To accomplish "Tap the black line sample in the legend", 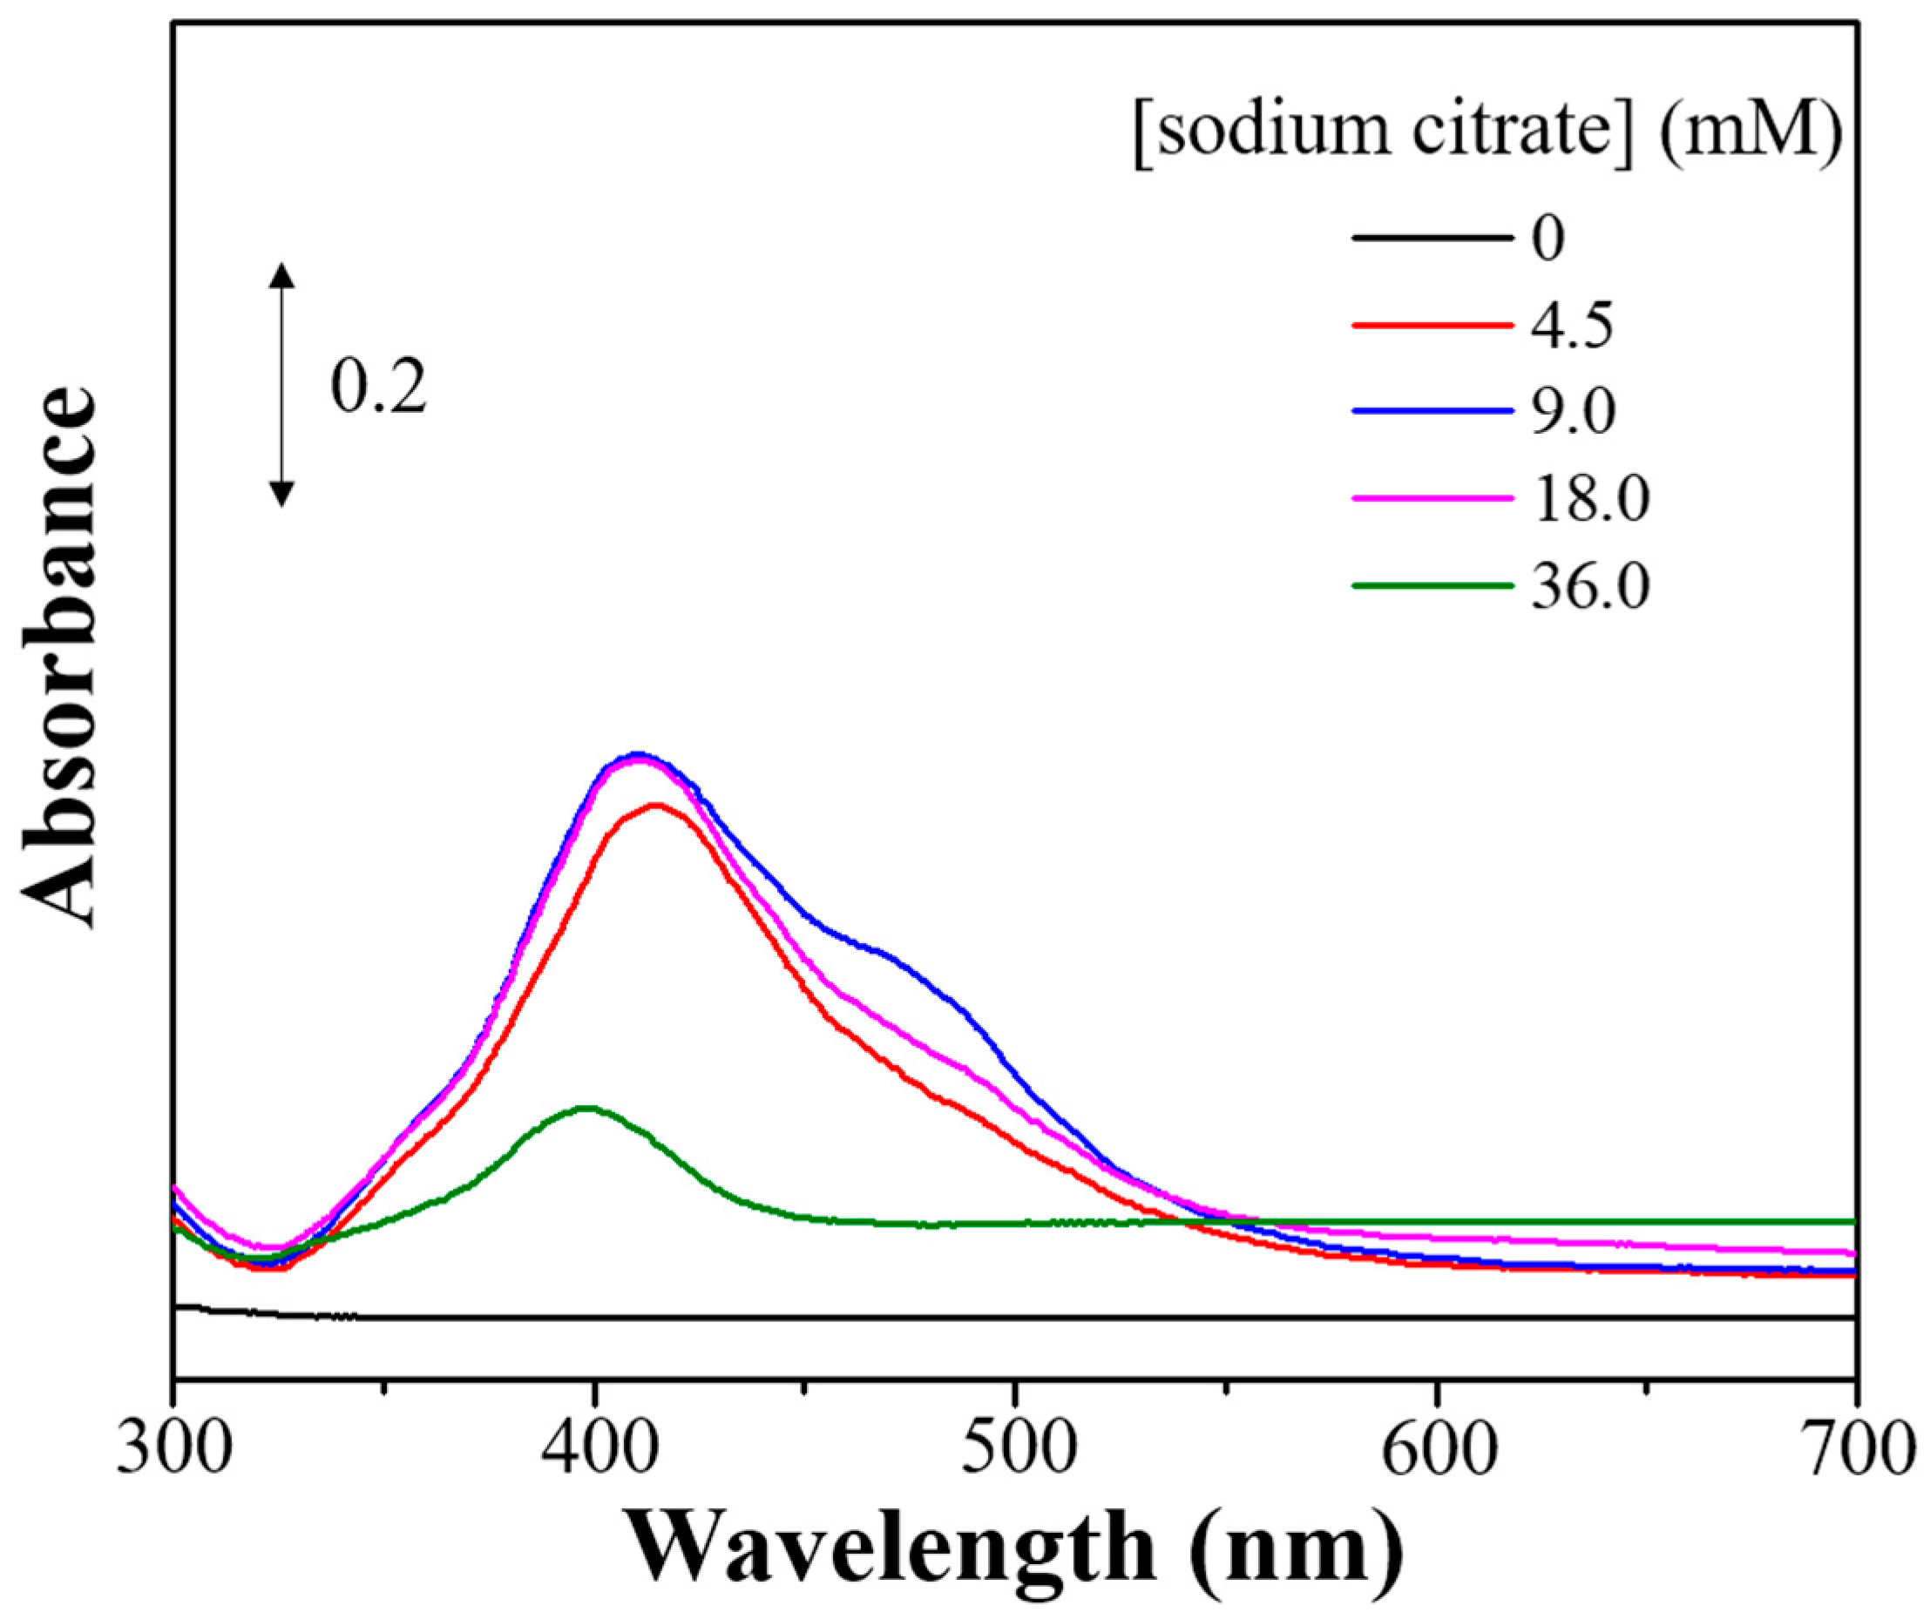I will pyautogui.click(x=1432, y=239).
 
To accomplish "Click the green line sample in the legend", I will pyautogui.click(x=1432, y=585).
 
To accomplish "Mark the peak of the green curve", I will pyautogui.click(x=586, y=1108).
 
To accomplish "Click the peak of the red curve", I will pyautogui.click(x=656, y=805).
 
